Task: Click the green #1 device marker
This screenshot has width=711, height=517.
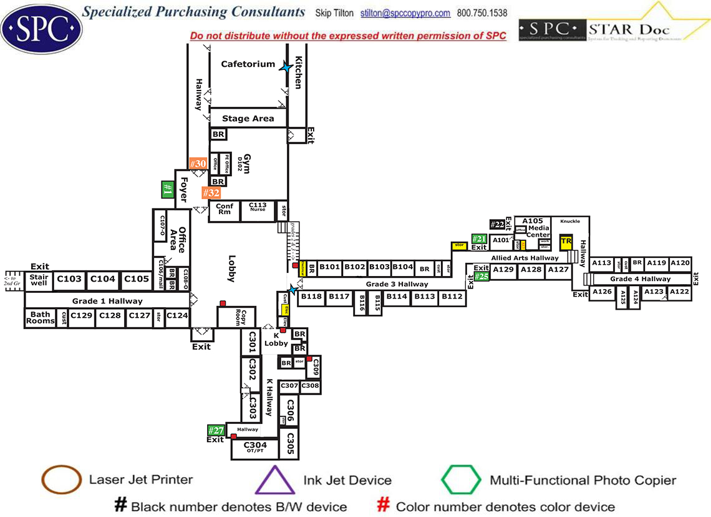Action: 167,189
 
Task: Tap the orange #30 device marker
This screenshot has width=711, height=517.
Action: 198,164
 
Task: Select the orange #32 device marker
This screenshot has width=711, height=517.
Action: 211,193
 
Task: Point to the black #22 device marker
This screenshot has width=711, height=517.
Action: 497,224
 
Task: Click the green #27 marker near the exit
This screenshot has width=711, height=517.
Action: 216,430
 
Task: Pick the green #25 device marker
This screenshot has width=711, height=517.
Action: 481,277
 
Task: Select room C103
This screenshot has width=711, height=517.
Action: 69,279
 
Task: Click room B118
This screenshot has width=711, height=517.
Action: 311,297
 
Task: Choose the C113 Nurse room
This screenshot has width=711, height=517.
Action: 258,207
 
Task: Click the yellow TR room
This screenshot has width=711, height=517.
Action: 566,242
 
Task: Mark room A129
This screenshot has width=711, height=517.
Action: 503,269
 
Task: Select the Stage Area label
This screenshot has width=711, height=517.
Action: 248,119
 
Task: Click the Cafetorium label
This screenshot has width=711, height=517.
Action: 248,64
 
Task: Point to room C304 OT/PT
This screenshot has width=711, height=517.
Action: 255,446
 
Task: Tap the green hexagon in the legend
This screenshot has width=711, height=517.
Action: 461,480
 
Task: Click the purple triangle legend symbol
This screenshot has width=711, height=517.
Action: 274,481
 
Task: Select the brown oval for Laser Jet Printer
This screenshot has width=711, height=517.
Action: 60,480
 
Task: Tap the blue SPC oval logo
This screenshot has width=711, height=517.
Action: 41,28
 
